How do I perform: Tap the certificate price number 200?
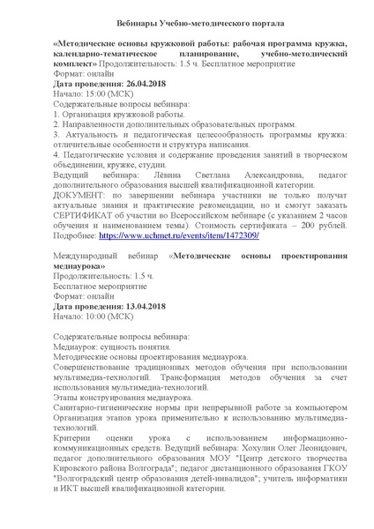(x=302, y=226)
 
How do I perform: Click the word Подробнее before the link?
(x=74, y=236)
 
